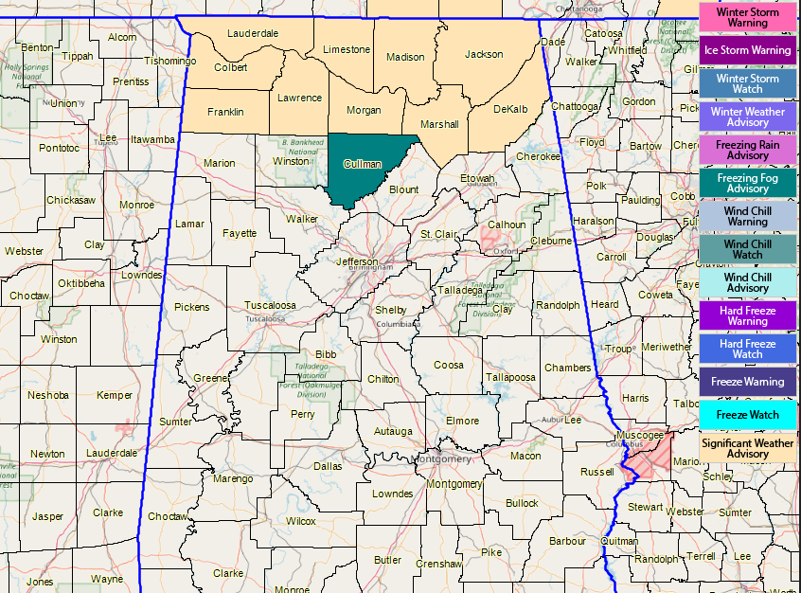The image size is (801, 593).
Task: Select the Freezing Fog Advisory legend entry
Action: (x=747, y=183)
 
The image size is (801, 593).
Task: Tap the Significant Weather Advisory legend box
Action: (x=747, y=448)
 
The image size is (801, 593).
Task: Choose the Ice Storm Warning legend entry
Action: (x=747, y=50)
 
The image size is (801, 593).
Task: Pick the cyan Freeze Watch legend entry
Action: (x=747, y=415)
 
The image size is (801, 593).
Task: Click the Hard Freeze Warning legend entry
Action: (x=747, y=315)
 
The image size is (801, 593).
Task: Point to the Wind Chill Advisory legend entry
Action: (x=747, y=282)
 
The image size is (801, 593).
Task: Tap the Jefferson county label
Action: (x=357, y=261)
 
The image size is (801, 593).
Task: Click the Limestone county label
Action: (x=347, y=49)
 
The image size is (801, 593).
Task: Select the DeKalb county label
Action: (x=510, y=109)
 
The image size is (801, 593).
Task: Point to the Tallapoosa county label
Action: (x=510, y=377)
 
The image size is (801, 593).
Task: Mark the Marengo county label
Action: (x=233, y=478)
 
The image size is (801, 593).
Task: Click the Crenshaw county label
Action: (x=437, y=564)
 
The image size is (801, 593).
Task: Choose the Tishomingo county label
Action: (x=169, y=61)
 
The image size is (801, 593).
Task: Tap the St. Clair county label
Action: (x=438, y=234)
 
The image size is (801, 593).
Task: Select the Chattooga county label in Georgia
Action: (x=575, y=106)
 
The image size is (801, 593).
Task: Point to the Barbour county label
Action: (x=567, y=542)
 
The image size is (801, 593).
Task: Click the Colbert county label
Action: (x=231, y=67)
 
